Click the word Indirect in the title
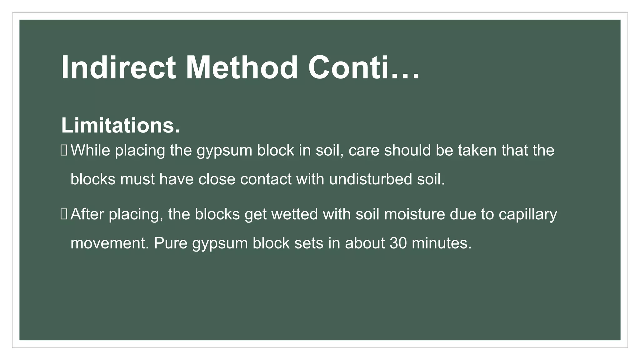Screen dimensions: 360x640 [118, 68]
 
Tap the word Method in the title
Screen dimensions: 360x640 [242, 68]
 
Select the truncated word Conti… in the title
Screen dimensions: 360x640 [364, 68]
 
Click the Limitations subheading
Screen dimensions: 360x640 [120, 126]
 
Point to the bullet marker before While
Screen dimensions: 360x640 [64, 150]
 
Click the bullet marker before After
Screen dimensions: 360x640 [64, 214]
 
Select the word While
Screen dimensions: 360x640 [90, 150]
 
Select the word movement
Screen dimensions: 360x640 [109, 243]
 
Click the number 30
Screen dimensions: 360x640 [398, 243]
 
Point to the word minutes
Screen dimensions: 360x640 [441, 243]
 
